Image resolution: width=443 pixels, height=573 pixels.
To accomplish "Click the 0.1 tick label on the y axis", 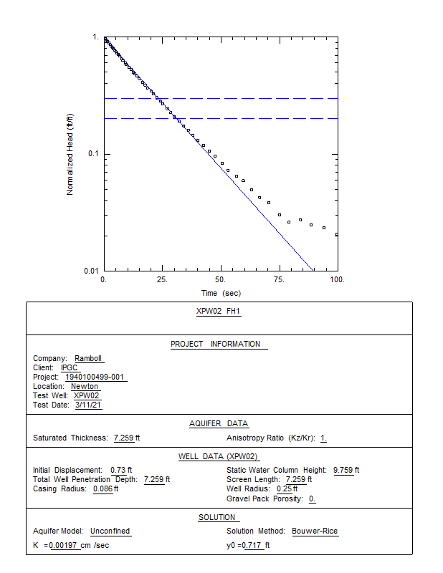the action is tap(93, 153).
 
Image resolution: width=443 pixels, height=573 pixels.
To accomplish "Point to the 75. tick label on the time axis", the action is tap(279, 279).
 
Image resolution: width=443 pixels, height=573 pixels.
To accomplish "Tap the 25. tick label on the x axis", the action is tap(162, 279).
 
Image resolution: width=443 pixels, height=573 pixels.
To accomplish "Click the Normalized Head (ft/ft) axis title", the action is tap(70, 154).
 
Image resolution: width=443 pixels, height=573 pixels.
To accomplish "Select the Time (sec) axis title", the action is tap(221, 293).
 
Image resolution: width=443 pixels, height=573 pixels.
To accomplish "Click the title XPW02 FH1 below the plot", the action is tap(218, 311).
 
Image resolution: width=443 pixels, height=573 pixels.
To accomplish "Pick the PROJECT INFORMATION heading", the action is tap(216, 345).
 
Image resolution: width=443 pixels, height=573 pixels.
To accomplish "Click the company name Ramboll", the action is tap(88, 359).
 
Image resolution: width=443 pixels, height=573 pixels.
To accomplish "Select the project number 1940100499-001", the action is tap(95, 377).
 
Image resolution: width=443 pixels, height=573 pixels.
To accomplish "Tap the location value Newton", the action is tap(85, 386).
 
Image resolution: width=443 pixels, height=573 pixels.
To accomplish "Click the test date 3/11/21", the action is tap(88, 405).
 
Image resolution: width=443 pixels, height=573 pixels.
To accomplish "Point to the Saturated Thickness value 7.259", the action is tap(123, 438).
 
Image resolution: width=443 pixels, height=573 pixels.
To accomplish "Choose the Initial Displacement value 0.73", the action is tap(118, 470).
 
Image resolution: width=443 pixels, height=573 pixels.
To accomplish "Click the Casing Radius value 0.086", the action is tap(103, 489).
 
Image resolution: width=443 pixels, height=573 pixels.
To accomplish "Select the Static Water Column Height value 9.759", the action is tap(343, 470).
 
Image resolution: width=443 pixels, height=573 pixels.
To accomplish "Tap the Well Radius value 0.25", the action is tap(285, 489).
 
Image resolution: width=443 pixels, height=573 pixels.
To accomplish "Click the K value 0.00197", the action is tap(63, 546).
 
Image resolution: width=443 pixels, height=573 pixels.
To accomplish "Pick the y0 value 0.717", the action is tap(252, 546).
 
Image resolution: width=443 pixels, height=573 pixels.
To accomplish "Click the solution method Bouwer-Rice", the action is tap(315, 531).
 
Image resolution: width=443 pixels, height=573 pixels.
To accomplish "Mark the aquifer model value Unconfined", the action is tap(110, 531).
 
